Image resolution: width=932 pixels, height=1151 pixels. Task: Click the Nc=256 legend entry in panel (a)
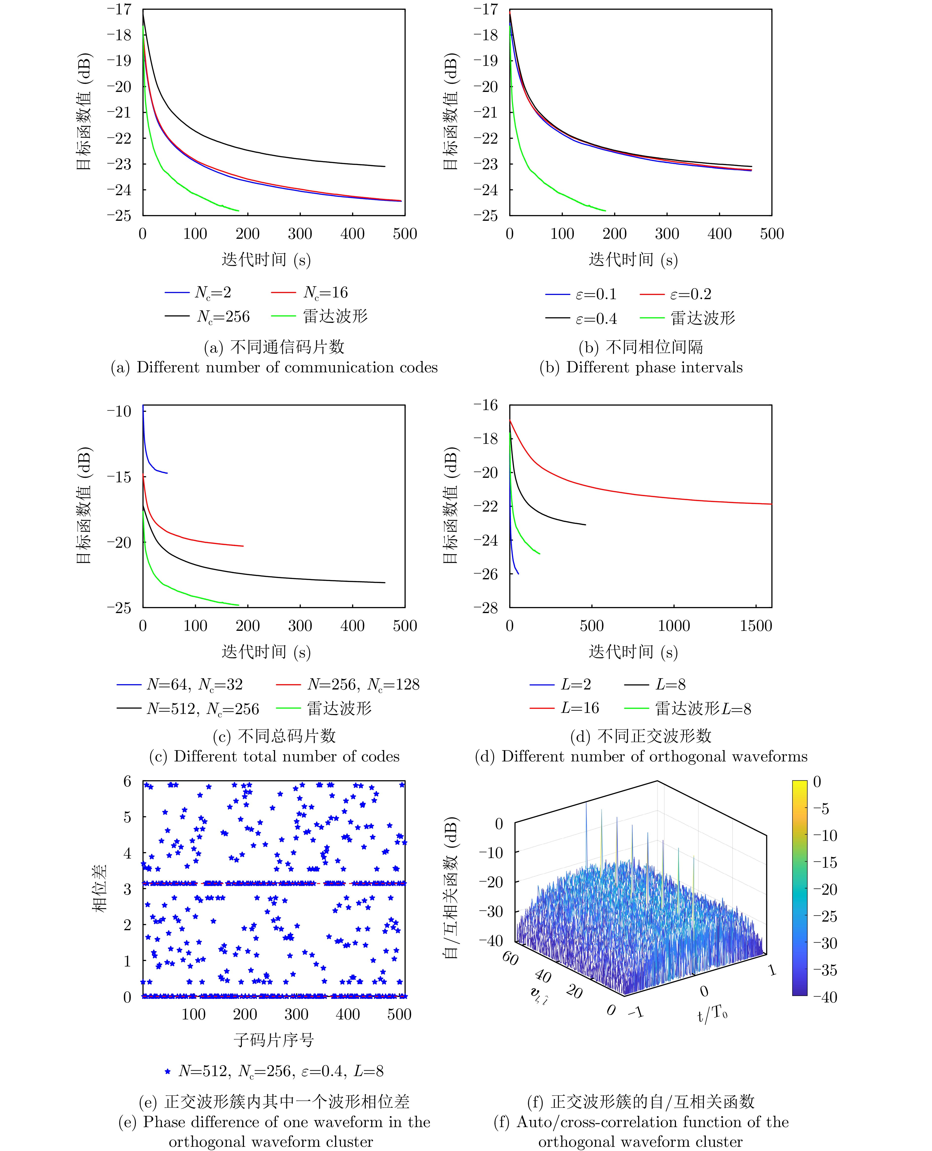coord(223,317)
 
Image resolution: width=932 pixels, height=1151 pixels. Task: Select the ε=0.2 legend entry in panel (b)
coord(690,294)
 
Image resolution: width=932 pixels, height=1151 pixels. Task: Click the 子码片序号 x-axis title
coord(273,1040)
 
